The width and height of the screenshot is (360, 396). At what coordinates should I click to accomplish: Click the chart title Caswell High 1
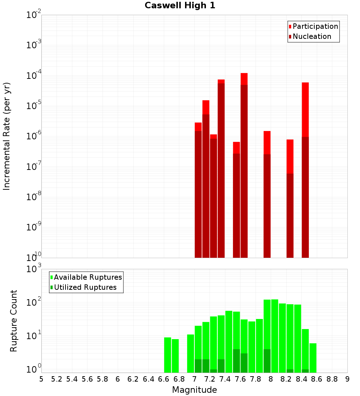point(180,6)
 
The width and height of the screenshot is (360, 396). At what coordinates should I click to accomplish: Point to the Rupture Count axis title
point(14,321)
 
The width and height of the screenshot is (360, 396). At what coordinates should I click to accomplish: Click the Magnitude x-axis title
point(194,390)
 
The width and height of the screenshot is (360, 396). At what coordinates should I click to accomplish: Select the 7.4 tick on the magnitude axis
point(225,379)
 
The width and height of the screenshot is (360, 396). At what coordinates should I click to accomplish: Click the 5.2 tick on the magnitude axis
point(57,379)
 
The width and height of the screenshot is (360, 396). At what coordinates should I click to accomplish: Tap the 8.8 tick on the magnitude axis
point(332,379)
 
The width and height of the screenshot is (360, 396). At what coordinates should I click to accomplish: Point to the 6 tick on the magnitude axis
point(118,379)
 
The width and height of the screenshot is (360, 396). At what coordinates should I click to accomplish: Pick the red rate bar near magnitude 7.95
point(267,194)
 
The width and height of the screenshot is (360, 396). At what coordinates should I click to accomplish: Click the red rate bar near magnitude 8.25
point(290,198)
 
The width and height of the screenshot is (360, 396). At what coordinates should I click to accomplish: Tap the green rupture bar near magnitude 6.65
point(167,355)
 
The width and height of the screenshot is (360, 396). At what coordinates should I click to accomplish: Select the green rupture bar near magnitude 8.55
point(313,358)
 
